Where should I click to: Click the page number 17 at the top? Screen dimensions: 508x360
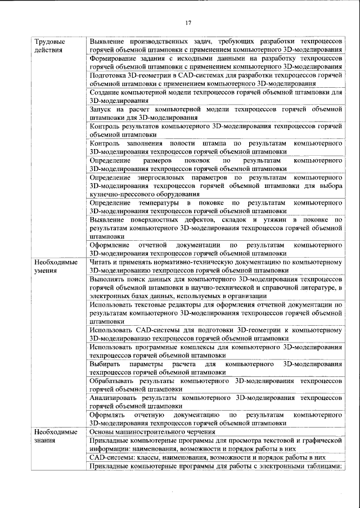tap(188, 23)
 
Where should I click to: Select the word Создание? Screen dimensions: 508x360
tap(106, 92)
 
